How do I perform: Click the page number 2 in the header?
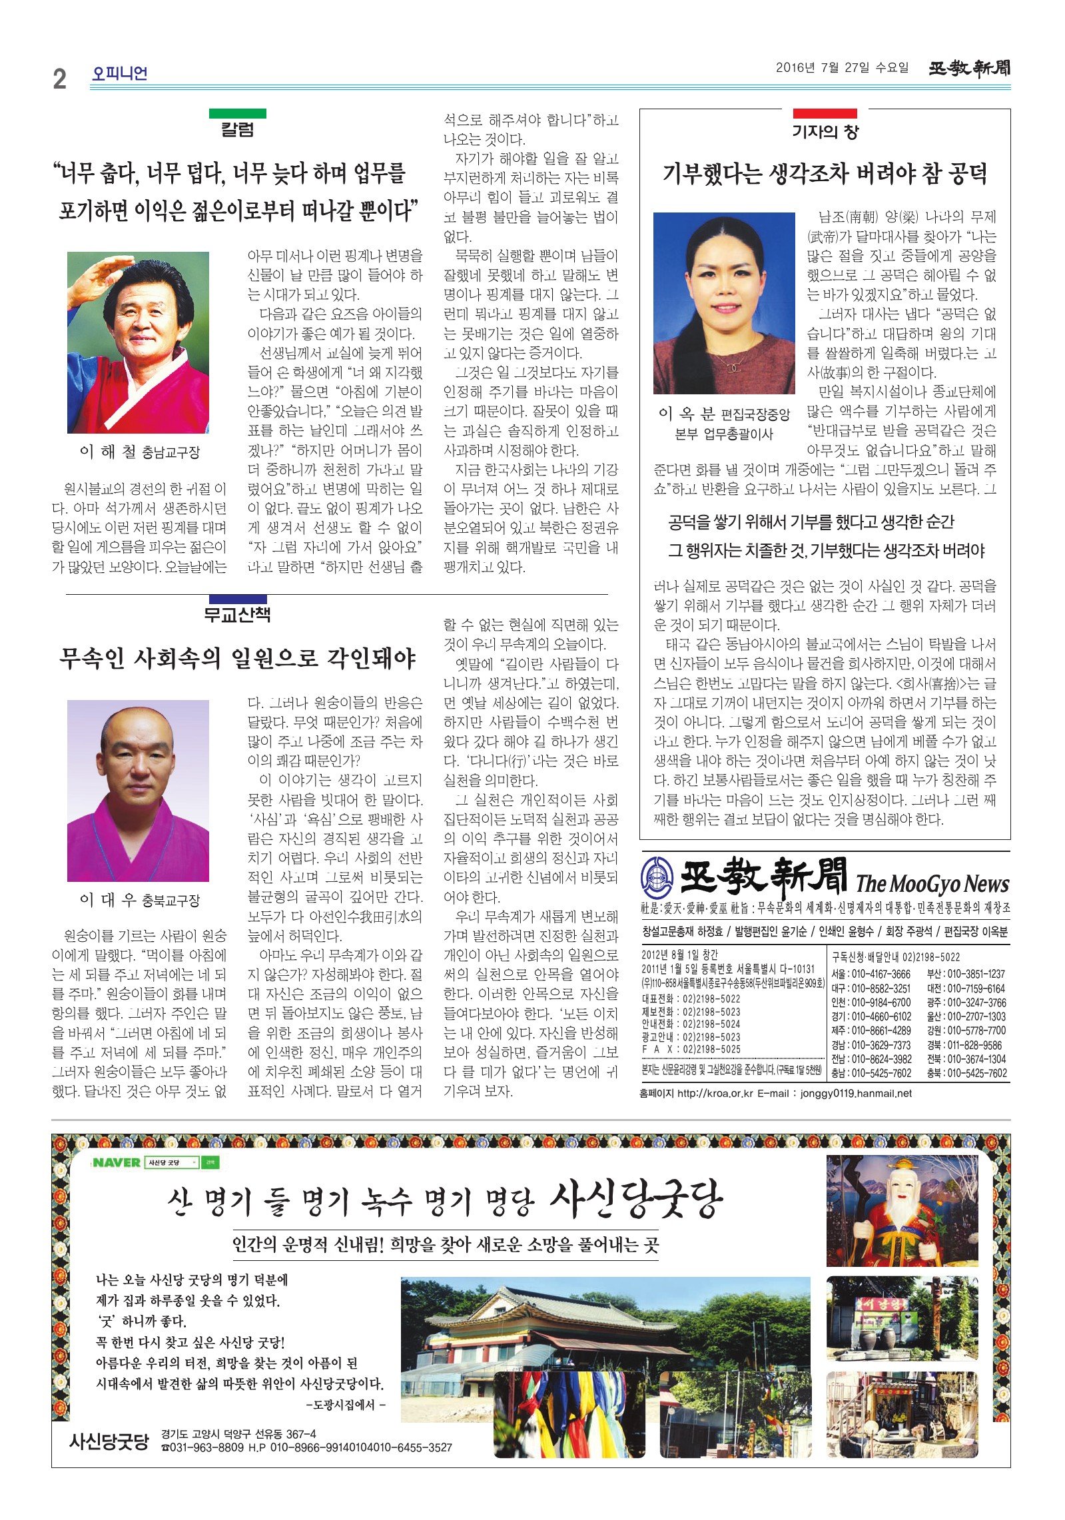pos(60,79)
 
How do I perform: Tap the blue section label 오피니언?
pos(119,73)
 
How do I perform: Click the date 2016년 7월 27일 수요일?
pos(842,67)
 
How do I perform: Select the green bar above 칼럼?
pos(237,113)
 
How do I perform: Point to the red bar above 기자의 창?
pos(824,113)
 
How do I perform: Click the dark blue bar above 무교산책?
pos(237,599)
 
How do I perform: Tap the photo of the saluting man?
pos(138,342)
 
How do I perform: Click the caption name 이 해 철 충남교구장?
pos(139,452)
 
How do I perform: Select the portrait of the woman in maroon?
pos(724,303)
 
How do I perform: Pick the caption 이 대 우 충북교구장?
pos(139,900)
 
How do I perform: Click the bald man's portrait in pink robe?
pos(138,790)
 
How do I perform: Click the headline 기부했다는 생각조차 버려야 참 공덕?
pos(825,174)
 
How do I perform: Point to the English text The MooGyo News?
pos(932,884)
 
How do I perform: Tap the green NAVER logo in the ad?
pos(117,1162)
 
